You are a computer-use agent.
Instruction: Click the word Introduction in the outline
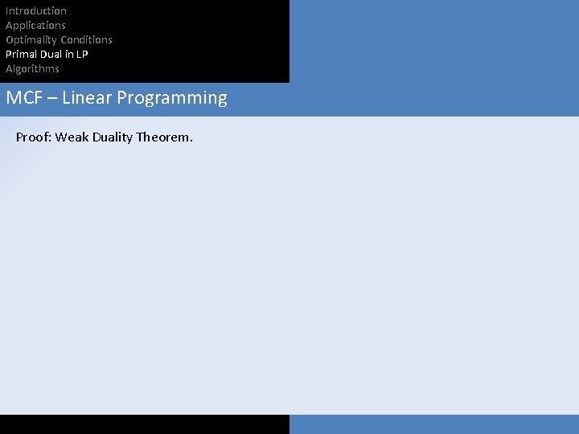[36, 10]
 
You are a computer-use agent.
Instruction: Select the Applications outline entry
[35, 25]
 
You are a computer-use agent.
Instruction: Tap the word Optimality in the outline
[31, 39]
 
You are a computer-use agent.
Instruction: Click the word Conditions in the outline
[86, 39]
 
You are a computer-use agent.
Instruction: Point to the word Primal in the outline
[20, 54]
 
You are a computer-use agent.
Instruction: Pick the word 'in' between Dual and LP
[69, 54]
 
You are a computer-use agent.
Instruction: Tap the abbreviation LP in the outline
[82, 54]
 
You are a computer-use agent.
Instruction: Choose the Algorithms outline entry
[32, 68]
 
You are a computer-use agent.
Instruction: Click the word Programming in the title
[172, 99]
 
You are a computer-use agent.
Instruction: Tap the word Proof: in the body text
[33, 137]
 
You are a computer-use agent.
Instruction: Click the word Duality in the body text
[113, 137]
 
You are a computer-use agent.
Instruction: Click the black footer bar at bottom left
[145, 424]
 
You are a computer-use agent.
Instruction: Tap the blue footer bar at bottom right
[434, 424]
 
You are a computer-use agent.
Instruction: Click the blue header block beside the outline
[434, 40]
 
